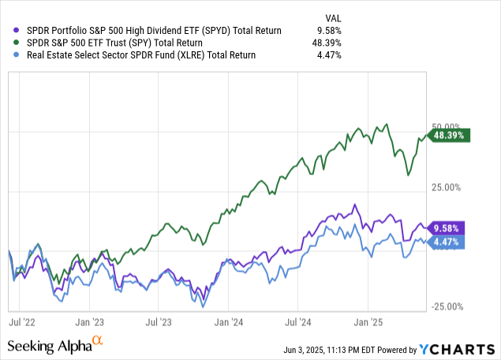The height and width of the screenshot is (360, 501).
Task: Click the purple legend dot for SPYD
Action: point(9,30)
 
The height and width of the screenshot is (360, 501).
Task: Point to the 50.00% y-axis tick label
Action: point(446,127)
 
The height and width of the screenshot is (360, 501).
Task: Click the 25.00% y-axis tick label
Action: point(446,187)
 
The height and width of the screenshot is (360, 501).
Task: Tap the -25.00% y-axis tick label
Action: point(447,307)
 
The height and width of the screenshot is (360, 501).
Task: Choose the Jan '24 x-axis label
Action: point(228,322)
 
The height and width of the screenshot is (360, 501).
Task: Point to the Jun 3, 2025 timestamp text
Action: point(354,350)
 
